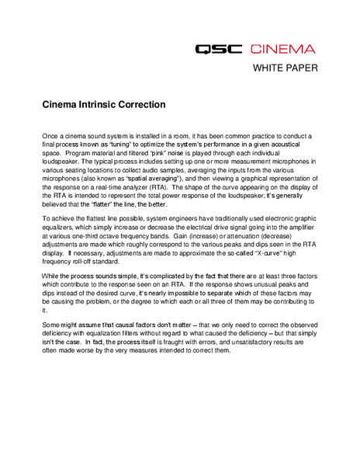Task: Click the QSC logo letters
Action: point(219,49)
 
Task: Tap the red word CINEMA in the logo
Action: point(282,49)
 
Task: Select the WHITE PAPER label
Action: point(286,68)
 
